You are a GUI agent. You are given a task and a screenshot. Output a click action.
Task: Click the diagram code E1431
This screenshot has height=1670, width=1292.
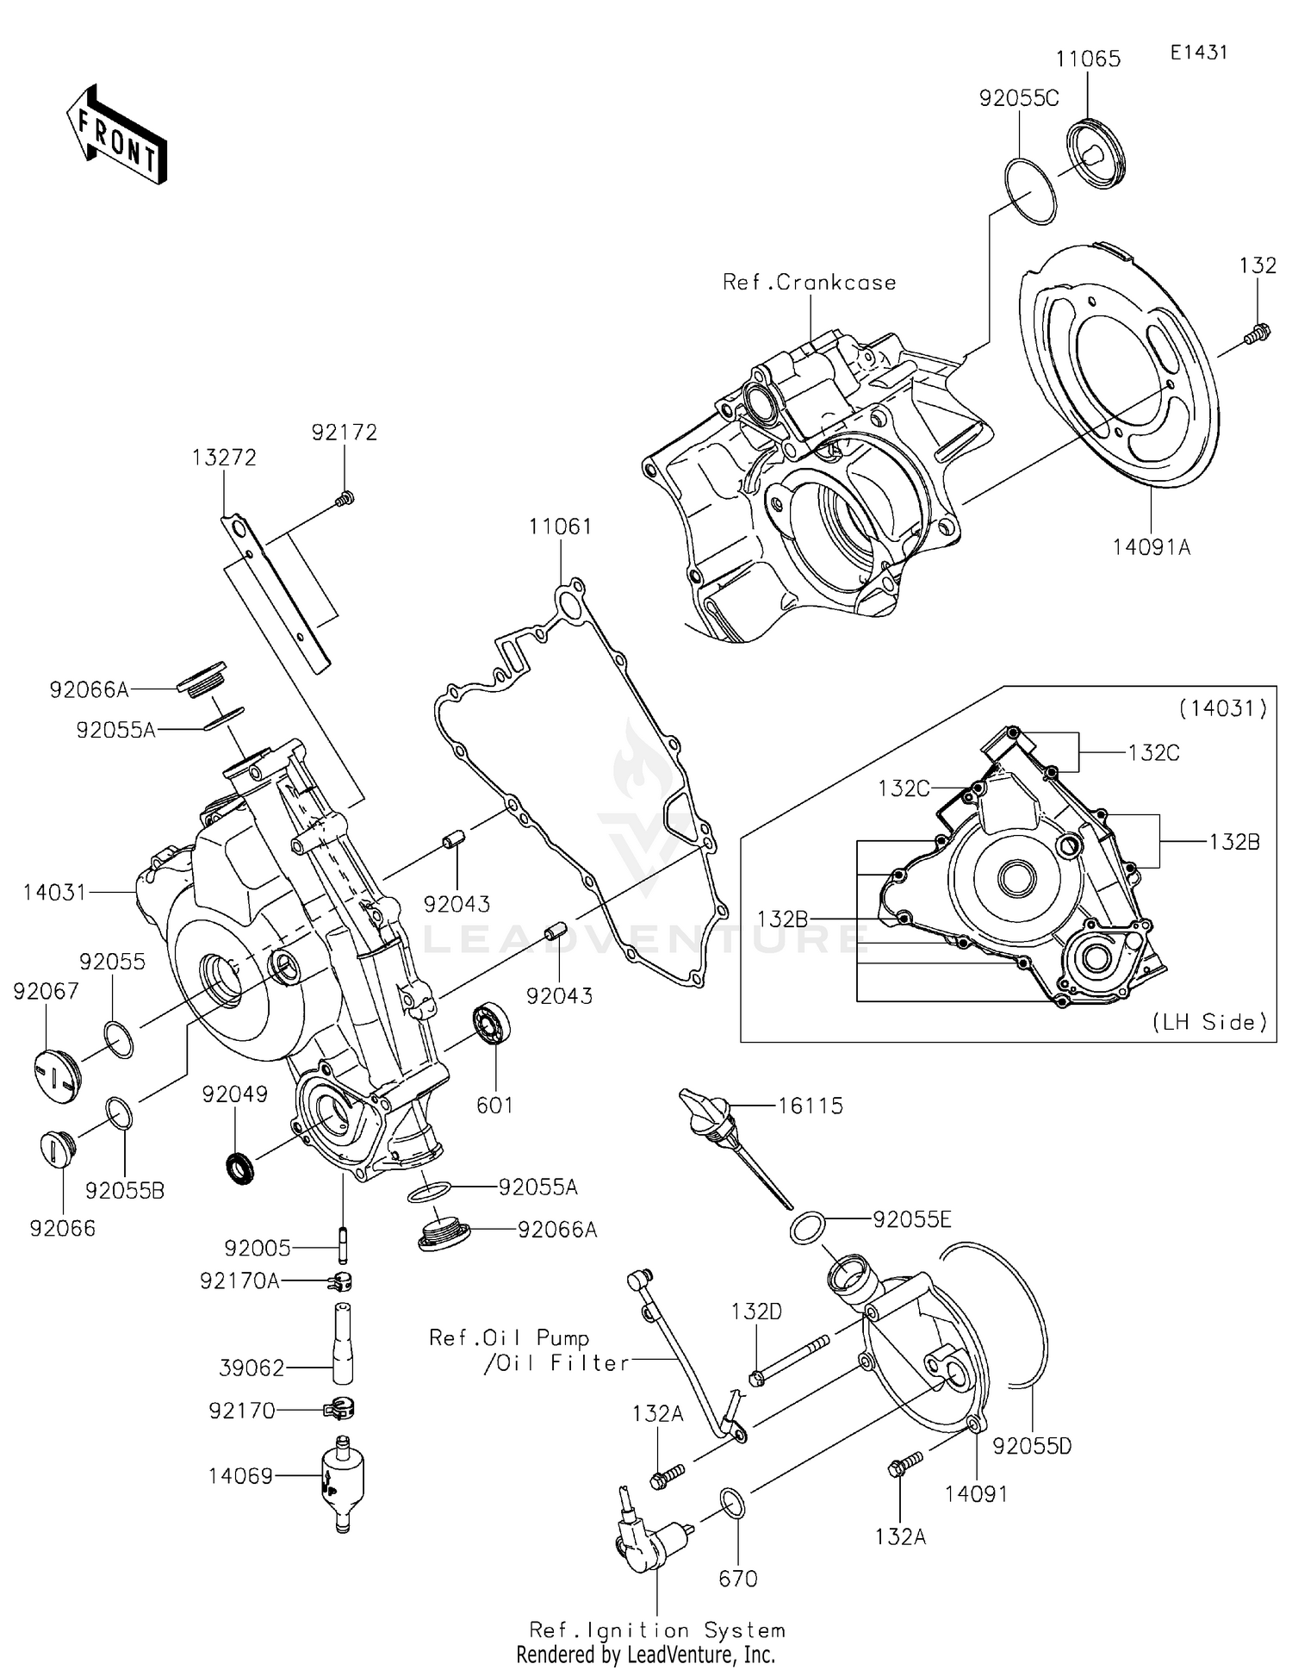[x=1198, y=52]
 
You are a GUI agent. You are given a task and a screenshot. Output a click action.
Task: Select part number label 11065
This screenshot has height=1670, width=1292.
[x=1088, y=59]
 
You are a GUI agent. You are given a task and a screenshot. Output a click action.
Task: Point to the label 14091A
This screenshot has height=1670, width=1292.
[x=1151, y=546]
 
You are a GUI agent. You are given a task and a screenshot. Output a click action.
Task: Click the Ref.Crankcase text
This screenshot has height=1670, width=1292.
[x=809, y=283]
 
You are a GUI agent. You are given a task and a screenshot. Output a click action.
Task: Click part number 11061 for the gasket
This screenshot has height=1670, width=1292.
[x=560, y=527]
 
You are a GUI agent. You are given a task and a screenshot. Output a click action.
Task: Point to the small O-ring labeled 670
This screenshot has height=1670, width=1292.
[x=733, y=1504]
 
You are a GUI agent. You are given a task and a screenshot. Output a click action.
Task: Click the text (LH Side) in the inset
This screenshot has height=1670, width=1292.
[x=1209, y=1022]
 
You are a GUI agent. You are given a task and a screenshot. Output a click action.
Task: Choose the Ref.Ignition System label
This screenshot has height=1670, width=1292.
[x=656, y=1629]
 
